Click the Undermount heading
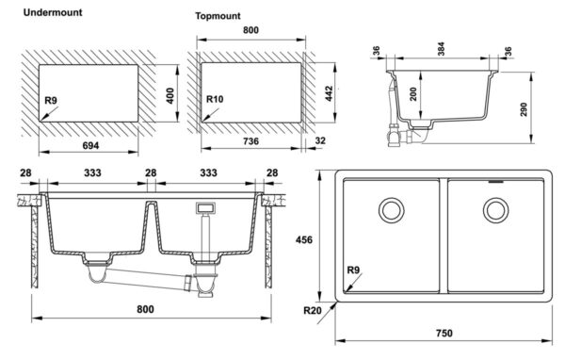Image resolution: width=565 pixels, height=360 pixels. (x=53, y=12)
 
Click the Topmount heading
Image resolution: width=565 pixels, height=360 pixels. (x=218, y=16)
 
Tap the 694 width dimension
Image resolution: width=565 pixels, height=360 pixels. (x=90, y=145)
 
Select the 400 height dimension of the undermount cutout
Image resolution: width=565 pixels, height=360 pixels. (x=170, y=95)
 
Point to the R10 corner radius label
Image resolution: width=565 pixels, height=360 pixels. (x=215, y=99)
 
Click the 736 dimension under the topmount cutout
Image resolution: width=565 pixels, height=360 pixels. (x=250, y=141)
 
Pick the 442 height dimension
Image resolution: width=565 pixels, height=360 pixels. (x=329, y=93)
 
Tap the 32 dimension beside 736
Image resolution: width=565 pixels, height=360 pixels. (x=320, y=140)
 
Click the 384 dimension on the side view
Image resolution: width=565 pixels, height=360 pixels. (x=441, y=49)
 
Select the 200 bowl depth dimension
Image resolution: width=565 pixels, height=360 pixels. (x=413, y=94)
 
